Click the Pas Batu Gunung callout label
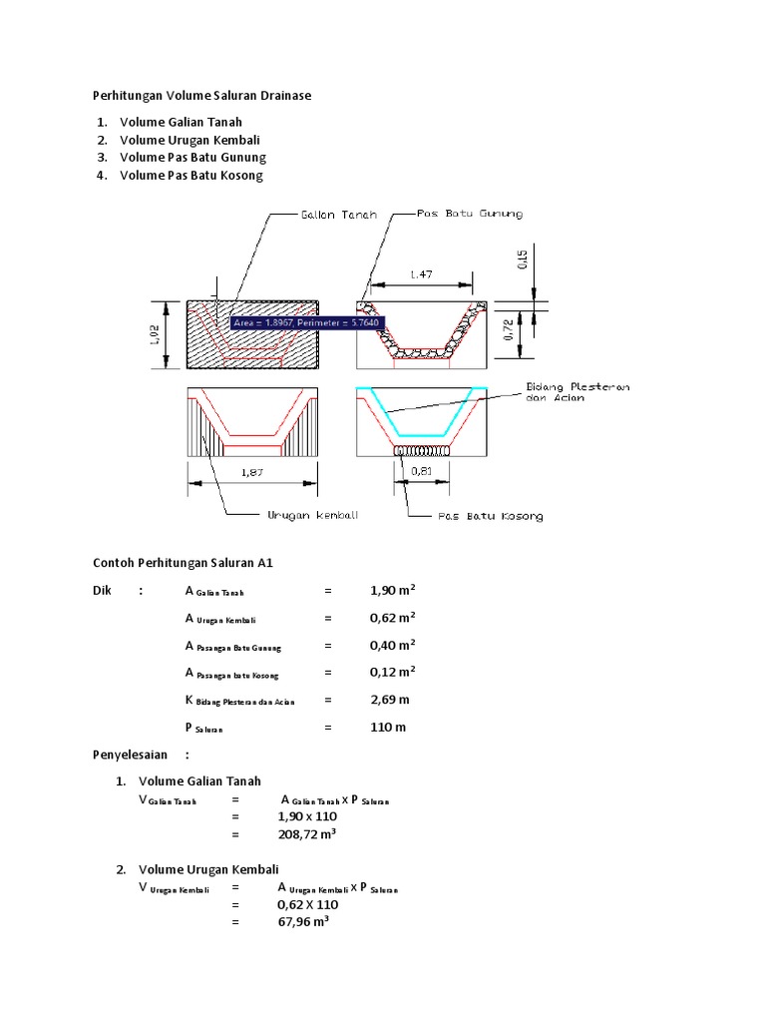(x=470, y=214)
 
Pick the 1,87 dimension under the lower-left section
(x=251, y=474)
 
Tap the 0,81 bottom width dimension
(x=425, y=474)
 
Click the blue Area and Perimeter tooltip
(x=306, y=323)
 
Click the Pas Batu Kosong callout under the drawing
(x=491, y=516)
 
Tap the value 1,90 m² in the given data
(x=392, y=591)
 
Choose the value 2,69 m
(x=389, y=700)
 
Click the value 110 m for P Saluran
(x=388, y=728)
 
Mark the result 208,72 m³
(x=306, y=834)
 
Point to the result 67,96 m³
(x=303, y=922)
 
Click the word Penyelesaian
(x=130, y=755)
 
